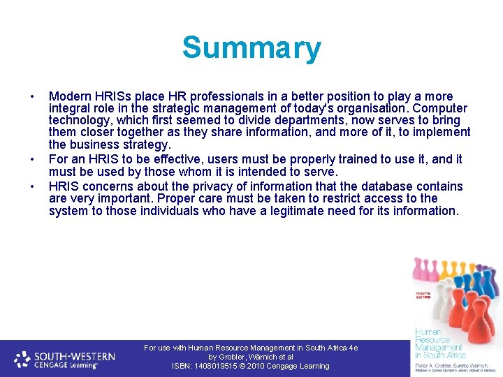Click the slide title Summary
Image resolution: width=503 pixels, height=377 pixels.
(251, 48)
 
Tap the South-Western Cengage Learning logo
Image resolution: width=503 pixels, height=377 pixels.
(65, 359)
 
